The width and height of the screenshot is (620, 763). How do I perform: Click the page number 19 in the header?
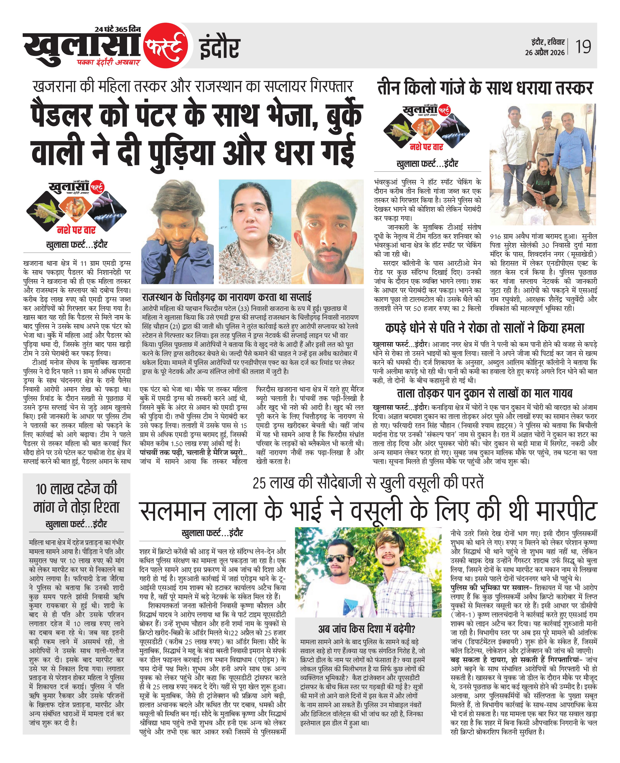[x=583, y=47]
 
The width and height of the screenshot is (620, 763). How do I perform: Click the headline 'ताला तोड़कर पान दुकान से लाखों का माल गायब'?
[x=485, y=394]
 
